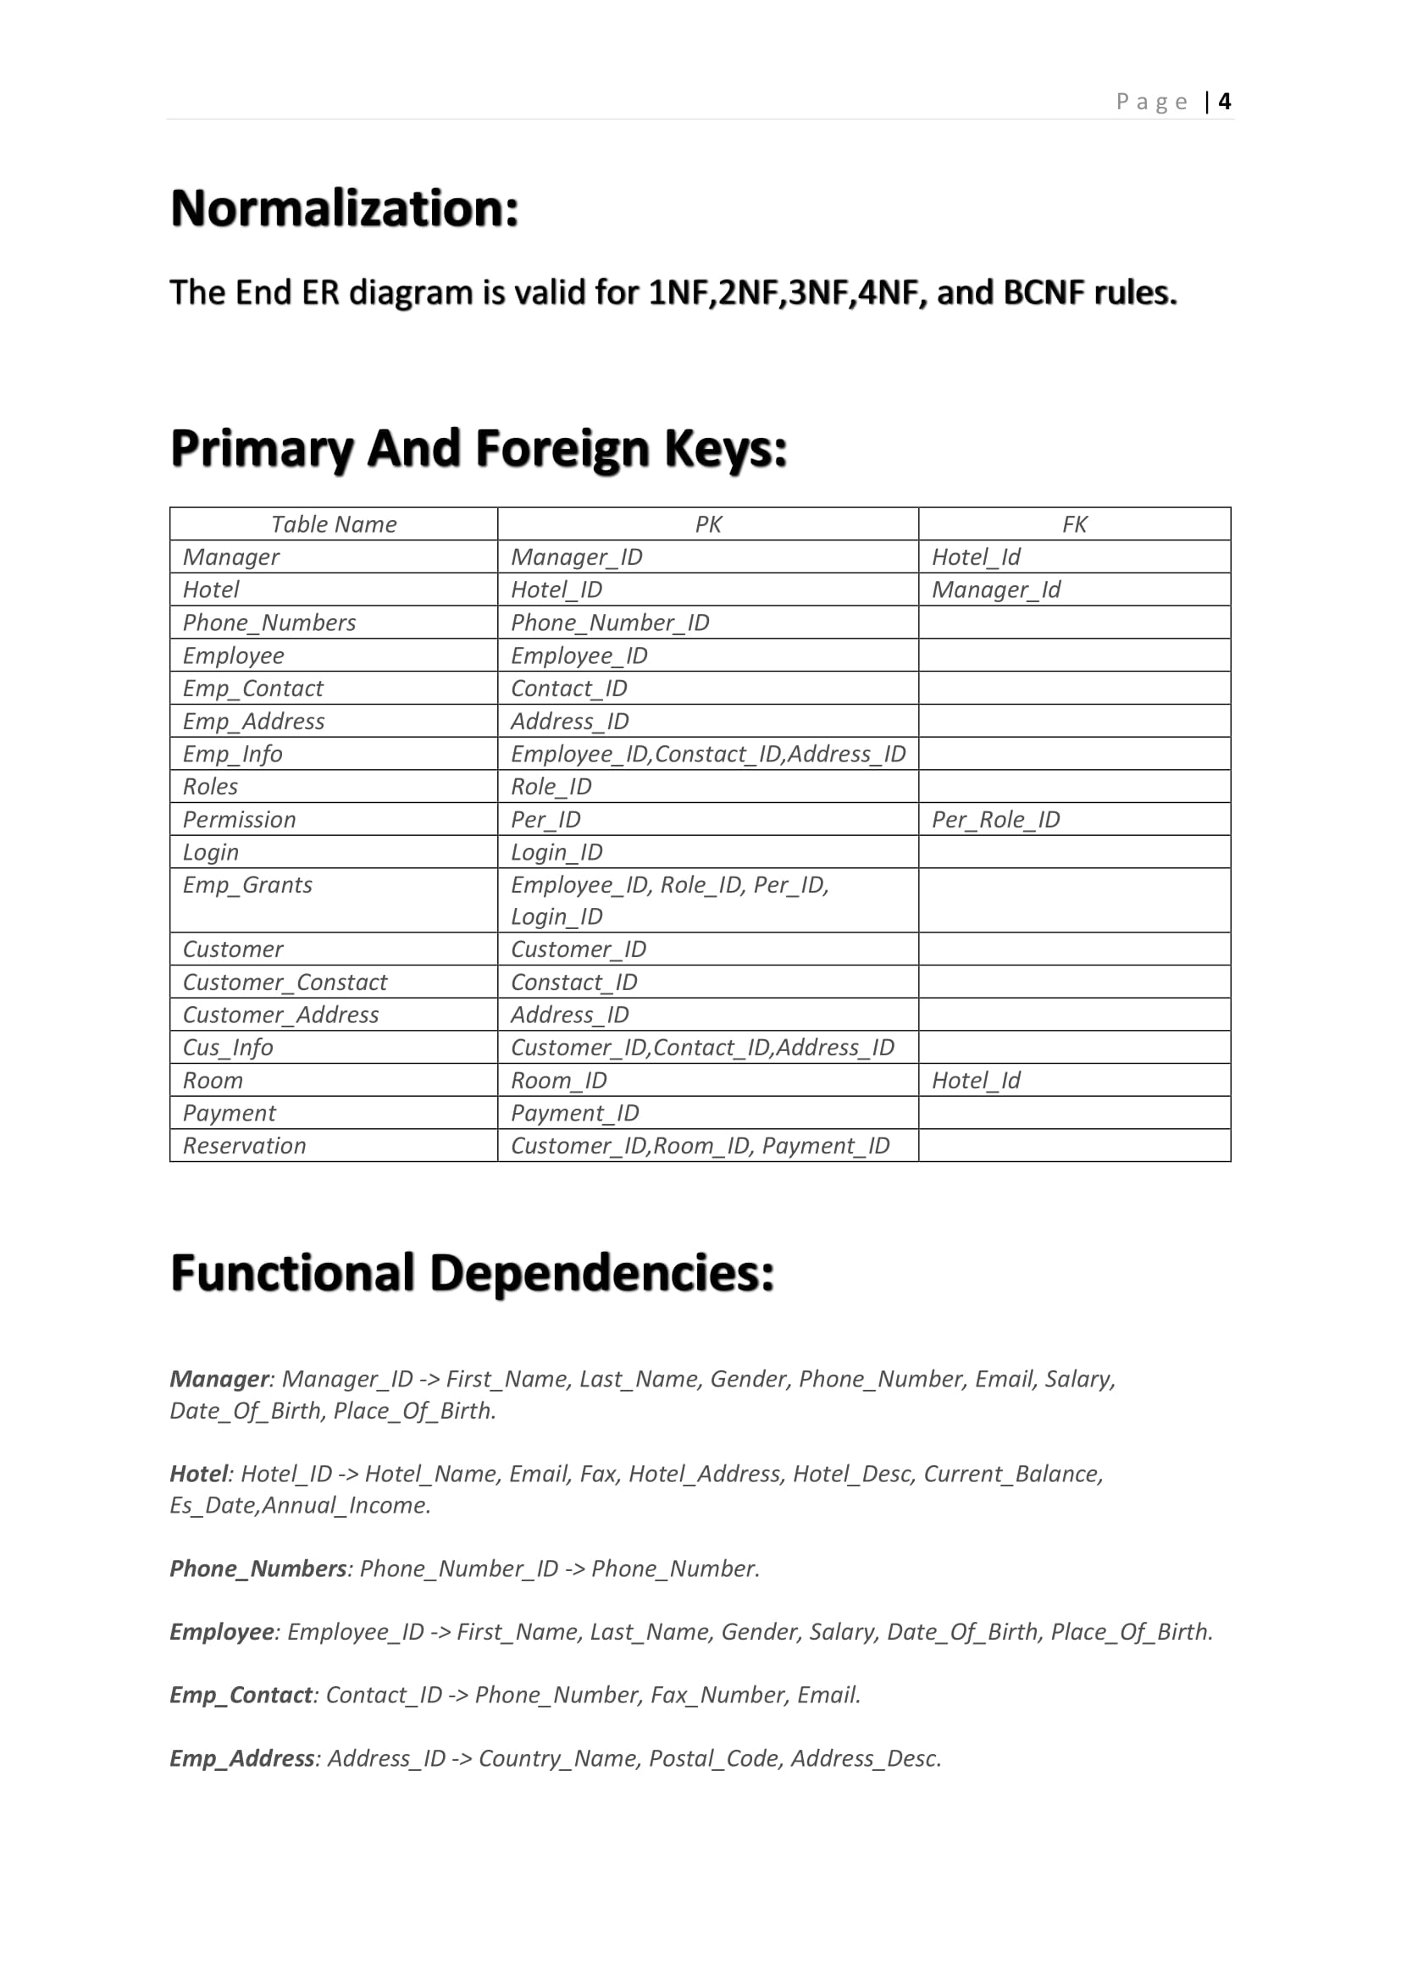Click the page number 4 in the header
[x=1224, y=102]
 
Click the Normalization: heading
[x=345, y=209]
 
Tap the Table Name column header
[x=333, y=524]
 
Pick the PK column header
[x=707, y=524]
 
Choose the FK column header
[x=1074, y=524]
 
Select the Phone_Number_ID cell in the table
[x=610, y=623]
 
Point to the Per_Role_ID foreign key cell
[x=995, y=820]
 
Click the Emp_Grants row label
[x=247, y=885]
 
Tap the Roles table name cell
[x=211, y=787]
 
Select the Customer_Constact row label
[x=285, y=982]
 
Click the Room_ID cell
[x=559, y=1081]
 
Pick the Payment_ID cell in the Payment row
[x=574, y=1114]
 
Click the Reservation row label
[x=244, y=1146]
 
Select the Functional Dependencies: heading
[x=473, y=1274]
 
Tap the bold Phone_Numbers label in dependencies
[x=258, y=1569]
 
